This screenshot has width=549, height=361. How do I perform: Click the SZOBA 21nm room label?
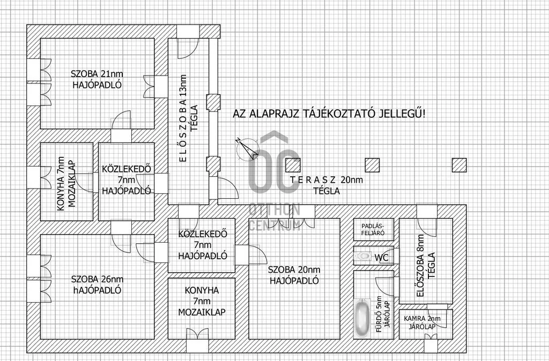(97, 74)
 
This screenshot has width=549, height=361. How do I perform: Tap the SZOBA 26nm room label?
(98, 280)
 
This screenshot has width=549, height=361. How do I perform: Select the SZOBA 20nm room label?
(294, 270)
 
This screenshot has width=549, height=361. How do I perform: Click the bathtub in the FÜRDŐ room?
(362, 318)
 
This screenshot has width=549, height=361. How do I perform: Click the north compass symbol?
(247, 149)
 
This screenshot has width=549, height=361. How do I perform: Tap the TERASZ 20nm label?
(327, 180)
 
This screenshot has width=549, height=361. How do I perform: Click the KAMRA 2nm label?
(422, 319)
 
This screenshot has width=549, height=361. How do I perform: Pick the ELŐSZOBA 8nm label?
(420, 266)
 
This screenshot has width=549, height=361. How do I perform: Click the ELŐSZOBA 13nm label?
(182, 118)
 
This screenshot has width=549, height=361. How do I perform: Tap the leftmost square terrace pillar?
(293, 165)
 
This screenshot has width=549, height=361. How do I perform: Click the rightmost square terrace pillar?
(459, 165)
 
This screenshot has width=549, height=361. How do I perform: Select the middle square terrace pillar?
(372, 165)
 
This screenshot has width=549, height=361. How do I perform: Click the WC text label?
(382, 258)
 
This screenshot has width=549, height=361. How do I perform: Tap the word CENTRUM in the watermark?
(274, 225)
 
